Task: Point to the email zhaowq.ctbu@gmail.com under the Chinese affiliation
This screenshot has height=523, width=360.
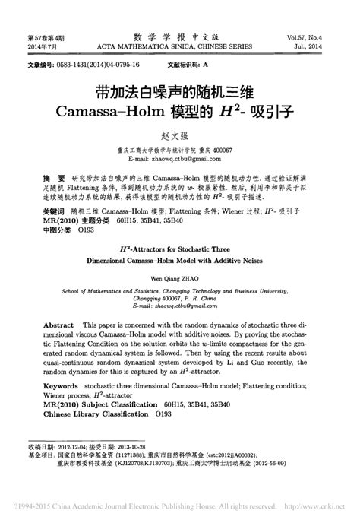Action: coord(180,157)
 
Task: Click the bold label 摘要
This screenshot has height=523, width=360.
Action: coord(52,174)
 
